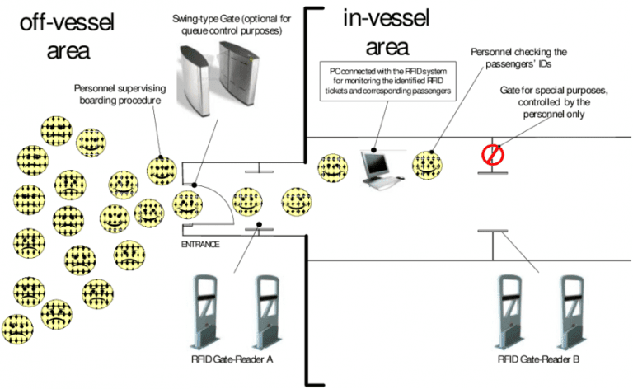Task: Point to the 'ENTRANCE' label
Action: click(x=199, y=245)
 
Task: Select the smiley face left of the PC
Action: click(x=333, y=166)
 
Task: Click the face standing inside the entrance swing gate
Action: click(x=188, y=203)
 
